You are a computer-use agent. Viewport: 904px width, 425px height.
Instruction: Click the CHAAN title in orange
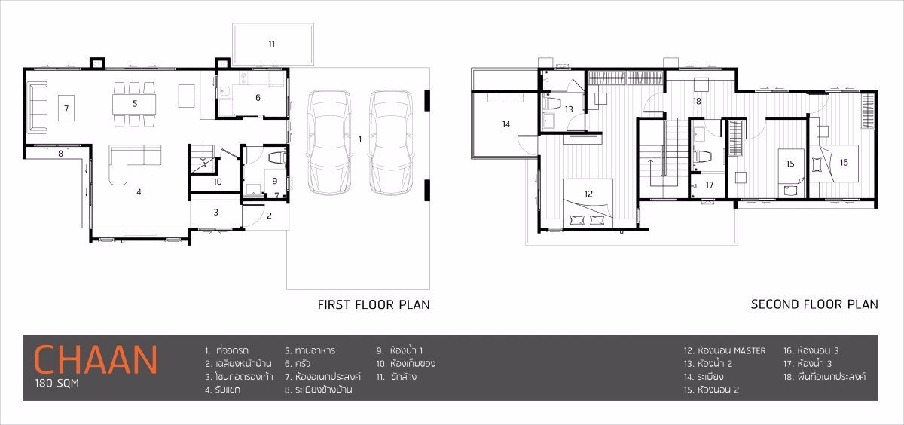(x=96, y=359)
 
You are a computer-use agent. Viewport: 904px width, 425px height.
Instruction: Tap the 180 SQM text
(x=56, y=383)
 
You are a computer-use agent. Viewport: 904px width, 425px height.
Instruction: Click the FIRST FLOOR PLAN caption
(x=374, y=304)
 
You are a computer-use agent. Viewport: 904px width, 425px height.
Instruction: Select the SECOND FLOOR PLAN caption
(x=814, y=304)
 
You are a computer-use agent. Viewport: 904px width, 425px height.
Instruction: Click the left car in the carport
(x=331, y=142)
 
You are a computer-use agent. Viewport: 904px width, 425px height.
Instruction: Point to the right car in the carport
(x=392, y=142)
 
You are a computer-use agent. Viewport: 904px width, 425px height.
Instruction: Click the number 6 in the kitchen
(x=257, y=97)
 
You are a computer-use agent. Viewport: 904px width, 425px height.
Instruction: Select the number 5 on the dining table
(x=135, y=102)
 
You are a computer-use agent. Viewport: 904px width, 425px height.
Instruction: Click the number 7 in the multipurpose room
(x=66, y=109)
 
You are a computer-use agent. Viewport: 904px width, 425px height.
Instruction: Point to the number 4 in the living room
(x=139, y=191)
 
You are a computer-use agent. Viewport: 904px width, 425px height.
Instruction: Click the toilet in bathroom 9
(x=275, y=158)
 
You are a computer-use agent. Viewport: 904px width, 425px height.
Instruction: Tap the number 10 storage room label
(x=217, y=181)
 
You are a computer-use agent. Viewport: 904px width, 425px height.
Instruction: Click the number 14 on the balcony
(x=505, y=124)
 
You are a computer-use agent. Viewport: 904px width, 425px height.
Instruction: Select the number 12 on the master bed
(x=588, y=194)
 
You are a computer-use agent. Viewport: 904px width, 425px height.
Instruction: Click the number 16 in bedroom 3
(x=843, y=162)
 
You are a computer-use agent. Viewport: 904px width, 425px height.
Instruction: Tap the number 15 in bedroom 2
(x=789, y=163)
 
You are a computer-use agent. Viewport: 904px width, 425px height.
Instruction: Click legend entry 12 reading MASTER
(x=725, y=350)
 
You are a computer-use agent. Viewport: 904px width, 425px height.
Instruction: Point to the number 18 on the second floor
(x=697, y=101)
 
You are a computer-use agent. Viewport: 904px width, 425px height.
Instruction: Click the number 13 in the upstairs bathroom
(x=569, y=109)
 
